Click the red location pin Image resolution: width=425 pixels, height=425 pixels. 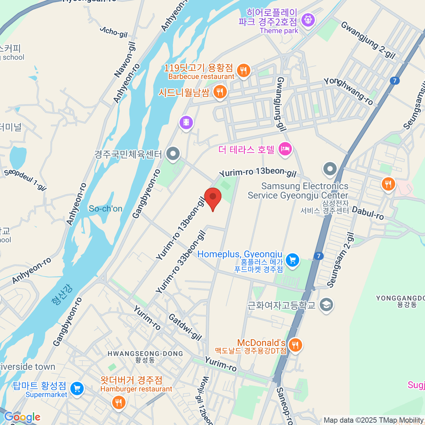[213, 197]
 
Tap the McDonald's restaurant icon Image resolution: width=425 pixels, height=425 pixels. [295, 344]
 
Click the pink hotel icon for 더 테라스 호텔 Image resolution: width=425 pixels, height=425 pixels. [285, 149]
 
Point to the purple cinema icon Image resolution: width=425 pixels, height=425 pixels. [186, 123]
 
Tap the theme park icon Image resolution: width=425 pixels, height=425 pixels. [308, 20]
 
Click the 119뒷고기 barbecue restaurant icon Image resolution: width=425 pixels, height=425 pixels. [243, 70]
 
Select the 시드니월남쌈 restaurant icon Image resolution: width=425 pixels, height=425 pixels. [220, 92]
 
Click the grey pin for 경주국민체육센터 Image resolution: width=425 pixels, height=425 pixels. [173, 154]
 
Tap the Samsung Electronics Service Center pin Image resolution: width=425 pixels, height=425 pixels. [330, 169]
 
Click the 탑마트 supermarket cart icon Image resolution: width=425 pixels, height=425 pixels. [77, 389]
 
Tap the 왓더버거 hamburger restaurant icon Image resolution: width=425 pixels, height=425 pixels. [118, 402]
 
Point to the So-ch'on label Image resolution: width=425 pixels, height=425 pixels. [106, 209]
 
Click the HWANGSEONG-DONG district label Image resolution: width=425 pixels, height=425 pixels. [145, 354]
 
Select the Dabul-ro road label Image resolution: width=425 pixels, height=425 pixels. [368, 213]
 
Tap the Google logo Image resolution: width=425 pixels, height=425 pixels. [22, 417]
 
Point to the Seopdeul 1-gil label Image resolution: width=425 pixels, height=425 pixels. [25, 179]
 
